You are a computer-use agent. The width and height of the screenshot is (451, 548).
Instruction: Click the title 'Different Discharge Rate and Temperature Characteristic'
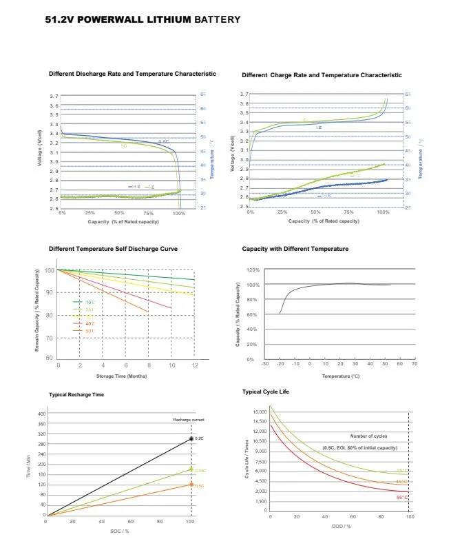(x=132, y=74)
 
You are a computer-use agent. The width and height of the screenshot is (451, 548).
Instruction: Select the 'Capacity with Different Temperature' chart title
(x=295, y=249)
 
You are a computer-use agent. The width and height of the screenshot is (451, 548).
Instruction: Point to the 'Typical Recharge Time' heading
(x=77, y=394)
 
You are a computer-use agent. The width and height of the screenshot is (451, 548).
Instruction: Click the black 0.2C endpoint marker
(x=191, y=438)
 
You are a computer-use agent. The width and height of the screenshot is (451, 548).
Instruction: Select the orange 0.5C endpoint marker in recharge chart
(x=191, y=485)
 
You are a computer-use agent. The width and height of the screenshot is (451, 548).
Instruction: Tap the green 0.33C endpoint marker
(x=191, y=470)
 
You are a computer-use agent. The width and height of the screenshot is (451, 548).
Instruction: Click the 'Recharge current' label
(x=189, y=419)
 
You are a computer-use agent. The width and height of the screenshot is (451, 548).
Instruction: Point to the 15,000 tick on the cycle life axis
(x=260, y=412)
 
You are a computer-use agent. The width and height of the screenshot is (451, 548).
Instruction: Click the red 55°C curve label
(x=401, y=497)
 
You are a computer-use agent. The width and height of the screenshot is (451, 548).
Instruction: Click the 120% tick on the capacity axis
(x=253, y=270)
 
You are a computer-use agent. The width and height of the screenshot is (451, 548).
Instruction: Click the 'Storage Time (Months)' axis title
(x=121, y=376)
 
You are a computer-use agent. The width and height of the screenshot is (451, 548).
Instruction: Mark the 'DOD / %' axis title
(x=340, y=526)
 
